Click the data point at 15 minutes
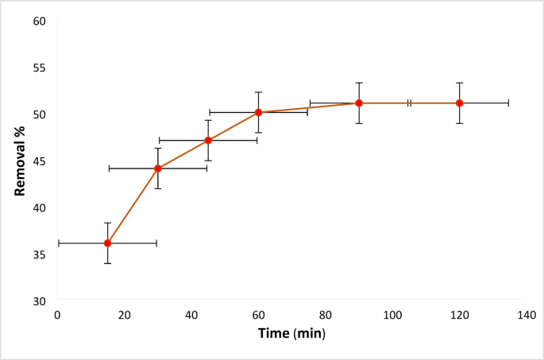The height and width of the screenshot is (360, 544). click(107, 243)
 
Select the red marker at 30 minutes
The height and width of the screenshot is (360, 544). click(158, 168)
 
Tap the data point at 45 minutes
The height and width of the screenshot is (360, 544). click(208, 141)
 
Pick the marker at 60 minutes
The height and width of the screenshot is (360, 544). click(259, 112)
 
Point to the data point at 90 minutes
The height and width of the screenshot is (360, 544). click(359, 103)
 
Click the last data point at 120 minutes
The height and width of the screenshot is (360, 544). click(460, 103)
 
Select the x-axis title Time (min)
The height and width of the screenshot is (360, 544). click(291, 334)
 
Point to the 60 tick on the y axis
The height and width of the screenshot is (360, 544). click(40, 20)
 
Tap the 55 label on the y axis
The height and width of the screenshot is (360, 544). click(40, 67)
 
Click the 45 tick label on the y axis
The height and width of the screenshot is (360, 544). click(40, 161)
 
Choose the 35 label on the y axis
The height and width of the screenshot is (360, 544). click(40, 254)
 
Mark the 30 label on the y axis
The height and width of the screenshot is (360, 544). click(40, 301)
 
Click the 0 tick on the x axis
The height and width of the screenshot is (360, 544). click(57, 315)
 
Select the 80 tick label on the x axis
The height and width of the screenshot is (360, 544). click(326, 315)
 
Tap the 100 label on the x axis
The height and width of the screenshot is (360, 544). click(392, 315)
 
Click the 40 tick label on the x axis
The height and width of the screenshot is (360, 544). click(191, 315)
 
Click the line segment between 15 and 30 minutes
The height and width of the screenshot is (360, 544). click(133, 206)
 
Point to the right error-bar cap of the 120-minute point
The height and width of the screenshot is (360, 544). click(508, 103)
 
